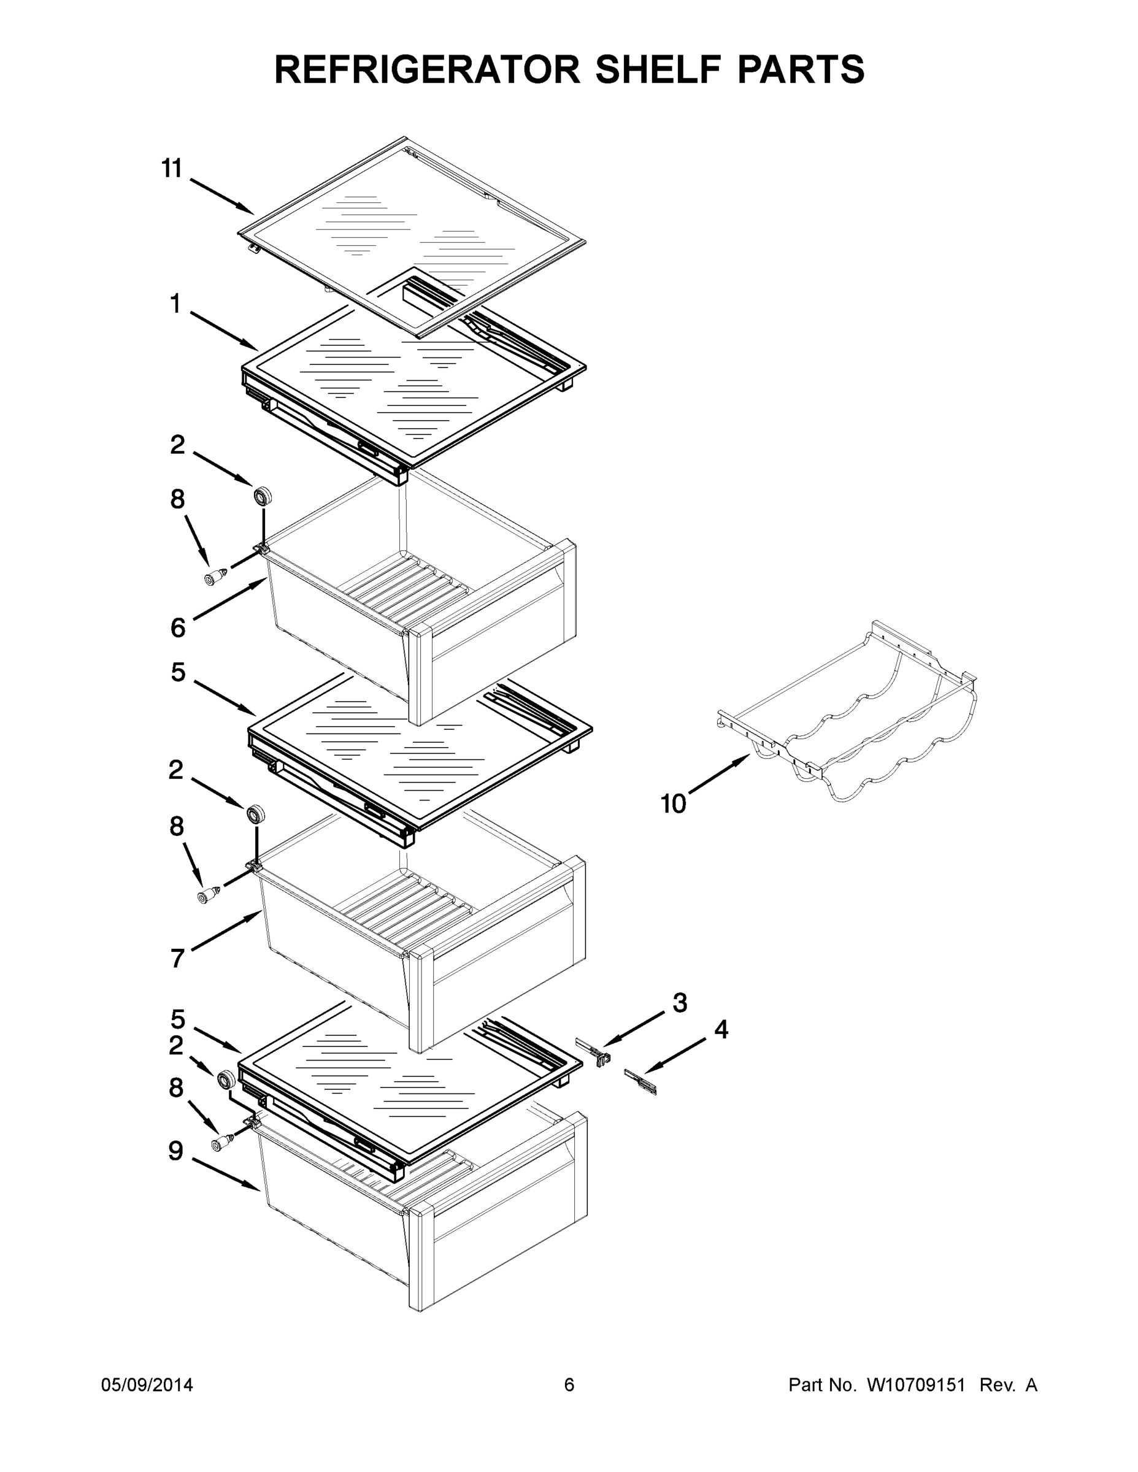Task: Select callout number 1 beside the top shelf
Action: click(x=175, y=305)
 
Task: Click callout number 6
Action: click(x=177, y=628)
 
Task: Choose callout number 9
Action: click(x=175, y=1151)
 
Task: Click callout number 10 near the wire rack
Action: click(x=673, y=803)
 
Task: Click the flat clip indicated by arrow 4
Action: click(x=640, y=1081)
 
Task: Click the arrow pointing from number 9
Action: click(x=226, y=1175)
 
